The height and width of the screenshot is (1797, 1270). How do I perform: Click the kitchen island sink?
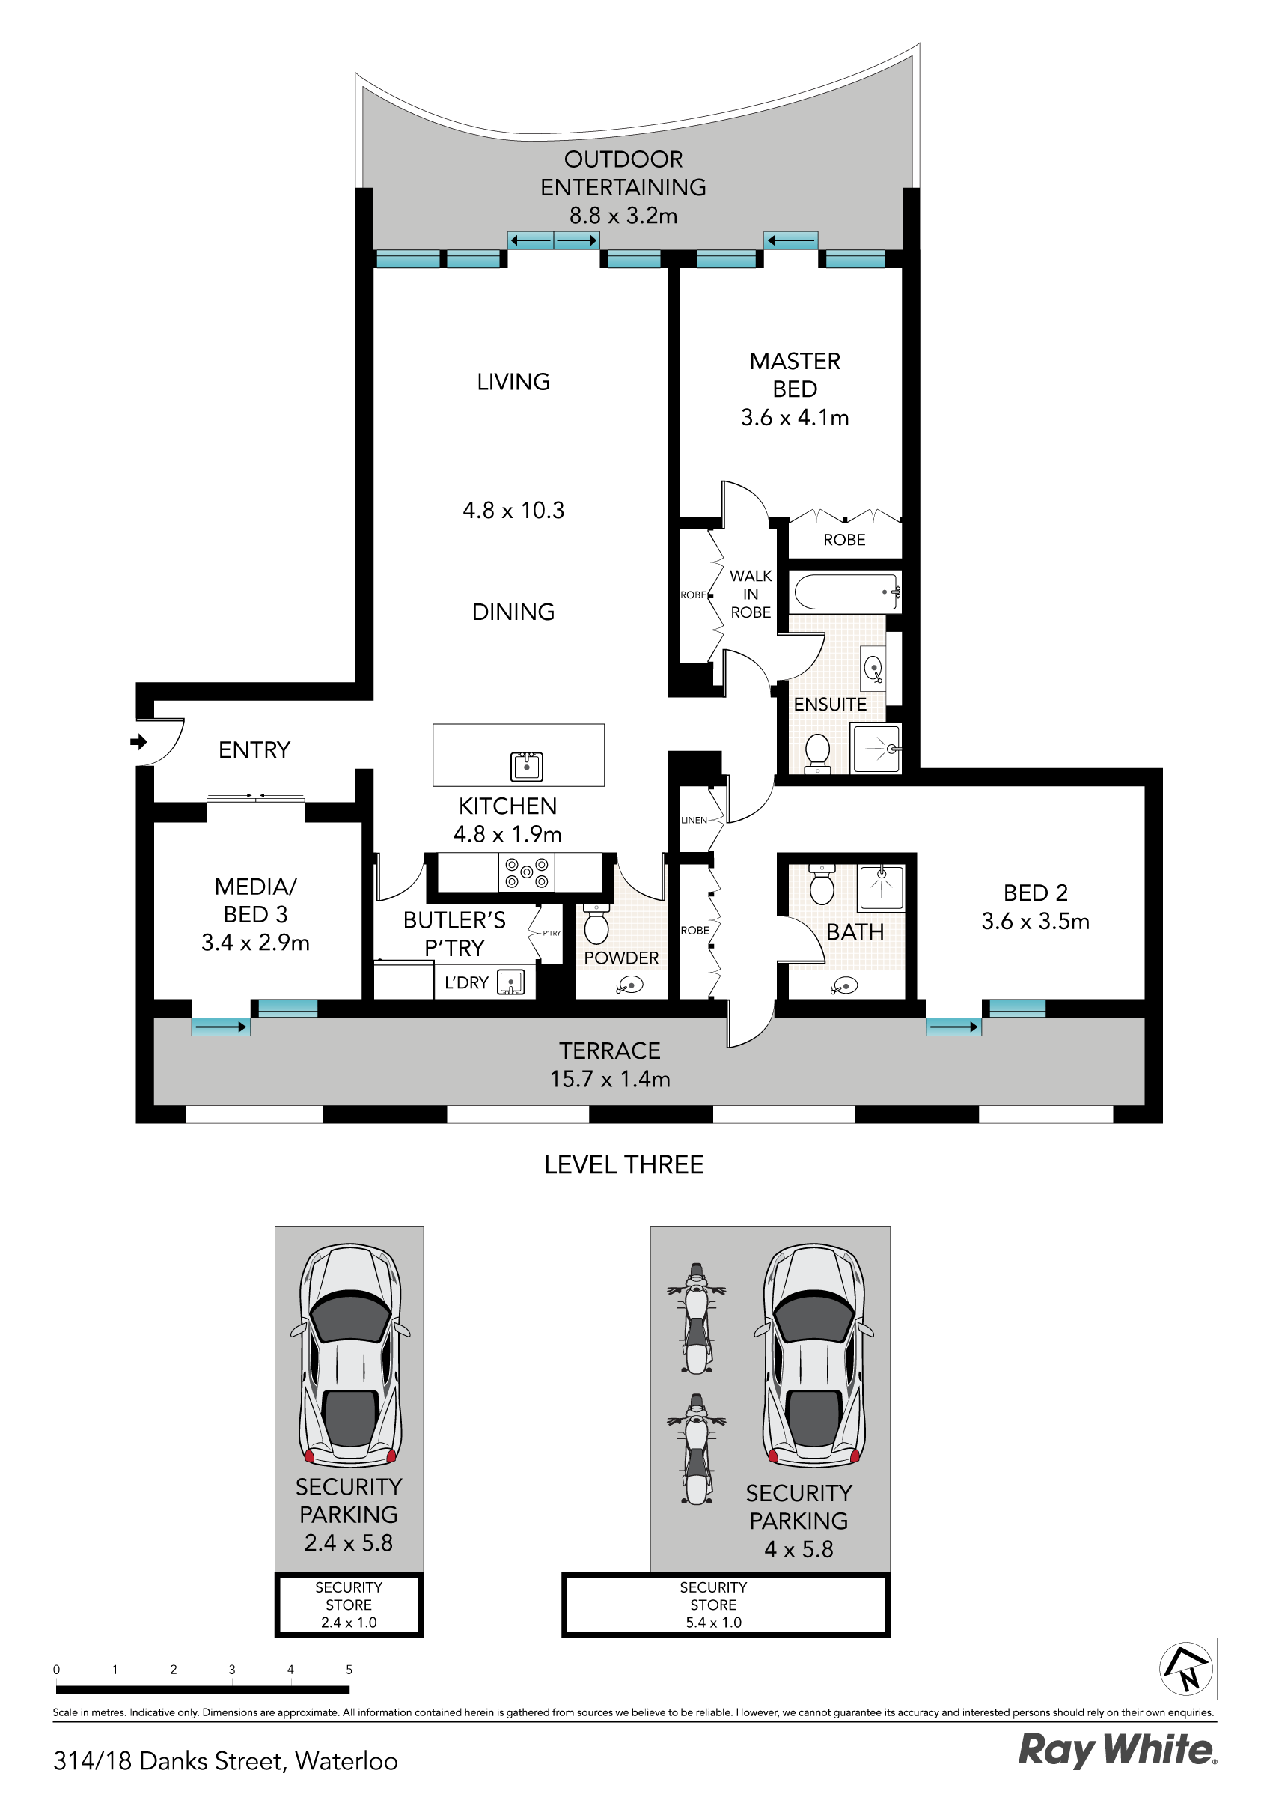tap(527, 766)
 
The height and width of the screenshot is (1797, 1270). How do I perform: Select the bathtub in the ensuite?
tap(845, 592)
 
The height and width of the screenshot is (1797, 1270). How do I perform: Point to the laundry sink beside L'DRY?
tap(511, 982)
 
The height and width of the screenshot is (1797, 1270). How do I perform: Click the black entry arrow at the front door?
tap(138, 741)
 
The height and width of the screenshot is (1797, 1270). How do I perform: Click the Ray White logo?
tap(1117, 1750)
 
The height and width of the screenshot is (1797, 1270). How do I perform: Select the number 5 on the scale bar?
tap(349, 1670)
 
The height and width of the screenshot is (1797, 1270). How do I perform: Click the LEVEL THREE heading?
tap(623, 1164)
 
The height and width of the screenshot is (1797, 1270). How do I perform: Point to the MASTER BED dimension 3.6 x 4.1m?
tap(795, 417)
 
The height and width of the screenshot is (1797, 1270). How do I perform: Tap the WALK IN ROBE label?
tap(751, 594)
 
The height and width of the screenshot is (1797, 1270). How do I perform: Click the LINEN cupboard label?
tap(693, 820)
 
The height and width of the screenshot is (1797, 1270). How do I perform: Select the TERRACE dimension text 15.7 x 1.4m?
tap(611, 1079)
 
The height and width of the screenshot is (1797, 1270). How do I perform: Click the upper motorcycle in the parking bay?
tap(697, 1319)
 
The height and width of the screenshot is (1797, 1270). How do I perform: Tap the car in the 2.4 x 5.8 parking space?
tap(349, 1354)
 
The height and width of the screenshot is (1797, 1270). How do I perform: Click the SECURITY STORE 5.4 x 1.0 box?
tap(726, 1605)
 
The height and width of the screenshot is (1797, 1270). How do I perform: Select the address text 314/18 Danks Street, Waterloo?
tap(225, 1761)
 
